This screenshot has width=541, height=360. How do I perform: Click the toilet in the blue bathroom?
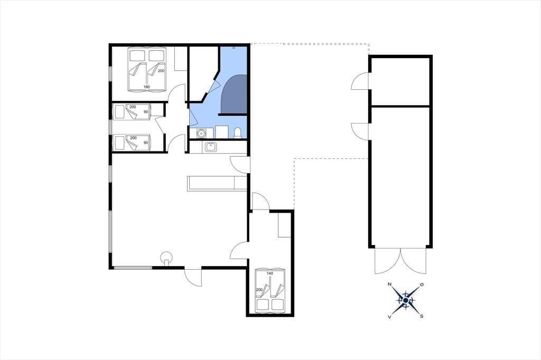pyautogui.click(x=238, y=133)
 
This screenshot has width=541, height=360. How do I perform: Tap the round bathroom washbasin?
pyautogui.click(x=201, y=133)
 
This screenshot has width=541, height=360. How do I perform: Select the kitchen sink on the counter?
pyautogui.click(x=210, y=147)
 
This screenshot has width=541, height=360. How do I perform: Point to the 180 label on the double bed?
pyautogui.click(x=147, y=87)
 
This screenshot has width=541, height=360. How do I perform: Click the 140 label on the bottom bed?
pyautogui.click(x=270, y=273)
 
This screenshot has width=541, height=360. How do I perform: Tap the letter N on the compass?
pyautogui.click(x=389, y=285)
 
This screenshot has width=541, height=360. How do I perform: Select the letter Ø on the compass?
pyautogui.click(x=421, y=285)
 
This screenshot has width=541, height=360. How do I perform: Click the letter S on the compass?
pyautogui.click(x=422, y=316)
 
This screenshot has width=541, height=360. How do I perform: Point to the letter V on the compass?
pyautogui.click(x=389, y=317)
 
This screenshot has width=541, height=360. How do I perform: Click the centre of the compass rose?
pyautogui.click(x=406, y=301)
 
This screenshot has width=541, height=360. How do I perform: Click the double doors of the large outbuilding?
pyautogui.click(x=400, y=261)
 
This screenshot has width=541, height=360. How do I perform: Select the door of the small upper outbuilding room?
pyautogui.click(x=360, y=81)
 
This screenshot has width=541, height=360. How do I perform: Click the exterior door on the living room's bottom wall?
pyautogui.click(x=193, y=276)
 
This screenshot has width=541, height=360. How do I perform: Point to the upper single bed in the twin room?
pyautogui.click(x=132, y=112)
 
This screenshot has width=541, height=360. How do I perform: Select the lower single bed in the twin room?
pyautogui.click(x=132, y=143)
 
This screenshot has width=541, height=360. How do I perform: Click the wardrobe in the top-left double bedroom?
pyautogui.click(x=181, y=59)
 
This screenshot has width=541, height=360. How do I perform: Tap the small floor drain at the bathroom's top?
pyautogui.click(x=234, y=48)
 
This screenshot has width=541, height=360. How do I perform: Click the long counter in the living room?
pyautogui.click(x=217, y=183)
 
